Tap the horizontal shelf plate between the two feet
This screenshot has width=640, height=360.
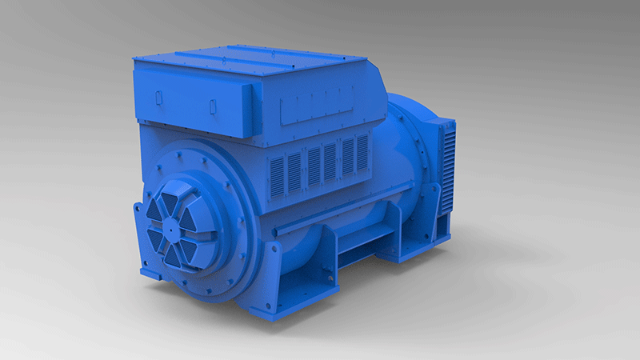365,239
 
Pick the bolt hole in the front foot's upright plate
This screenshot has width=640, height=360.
326,276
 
